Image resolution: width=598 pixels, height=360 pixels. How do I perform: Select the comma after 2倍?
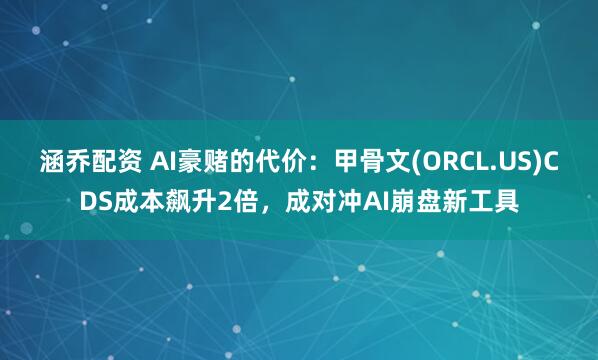tap(272, 206)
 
